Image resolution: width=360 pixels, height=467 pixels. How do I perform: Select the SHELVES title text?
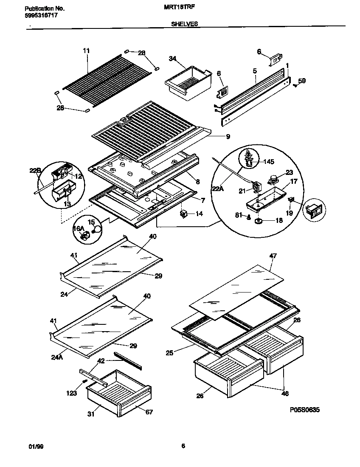[x=184, y=25]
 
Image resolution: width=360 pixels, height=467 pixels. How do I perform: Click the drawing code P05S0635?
[x=305, y=410]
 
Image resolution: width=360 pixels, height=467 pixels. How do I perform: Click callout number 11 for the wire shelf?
[x=86, y=51]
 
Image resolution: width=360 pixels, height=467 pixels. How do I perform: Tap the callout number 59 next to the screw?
[x=301, y=81]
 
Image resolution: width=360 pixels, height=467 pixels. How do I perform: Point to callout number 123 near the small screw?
[x=71, y=393]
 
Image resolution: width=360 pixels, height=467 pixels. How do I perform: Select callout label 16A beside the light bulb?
[x=78, y=229]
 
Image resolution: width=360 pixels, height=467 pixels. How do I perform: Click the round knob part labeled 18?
[x=258, y=221]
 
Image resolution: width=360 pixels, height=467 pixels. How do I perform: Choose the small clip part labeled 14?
[x=184, y=214]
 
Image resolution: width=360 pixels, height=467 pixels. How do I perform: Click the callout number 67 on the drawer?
[x=149, y=412]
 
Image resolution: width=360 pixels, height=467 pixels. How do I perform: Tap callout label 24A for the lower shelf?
[x=57, y=357]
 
